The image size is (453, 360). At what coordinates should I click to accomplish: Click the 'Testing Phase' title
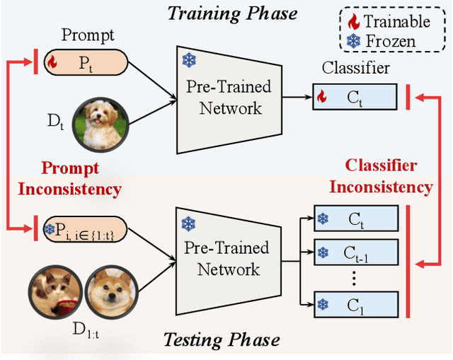(222, 340)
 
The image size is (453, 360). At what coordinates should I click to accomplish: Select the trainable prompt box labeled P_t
(86, 62)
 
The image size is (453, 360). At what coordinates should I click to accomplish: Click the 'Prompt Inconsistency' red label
(69, 179)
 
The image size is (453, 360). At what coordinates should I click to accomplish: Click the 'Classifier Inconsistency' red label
(390, 177)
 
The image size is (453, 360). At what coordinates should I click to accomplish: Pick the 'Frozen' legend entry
(386, 41)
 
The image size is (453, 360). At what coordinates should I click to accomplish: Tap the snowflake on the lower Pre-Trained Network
(188, 224)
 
